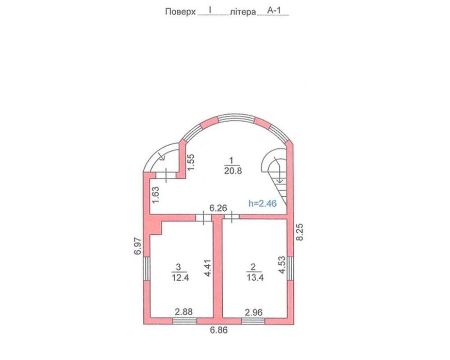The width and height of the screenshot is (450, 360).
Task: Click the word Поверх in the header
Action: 180,12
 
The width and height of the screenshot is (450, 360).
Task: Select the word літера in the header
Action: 243,12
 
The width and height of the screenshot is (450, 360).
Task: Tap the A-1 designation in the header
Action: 274,11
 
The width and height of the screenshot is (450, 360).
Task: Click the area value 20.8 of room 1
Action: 233,171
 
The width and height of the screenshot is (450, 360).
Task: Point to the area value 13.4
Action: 255,278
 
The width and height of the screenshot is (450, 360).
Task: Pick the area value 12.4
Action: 180,278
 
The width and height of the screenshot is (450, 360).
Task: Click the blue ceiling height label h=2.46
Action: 262,203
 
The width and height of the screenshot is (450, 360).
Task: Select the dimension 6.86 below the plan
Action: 219,330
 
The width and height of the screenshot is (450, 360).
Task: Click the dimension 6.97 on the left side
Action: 138,246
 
